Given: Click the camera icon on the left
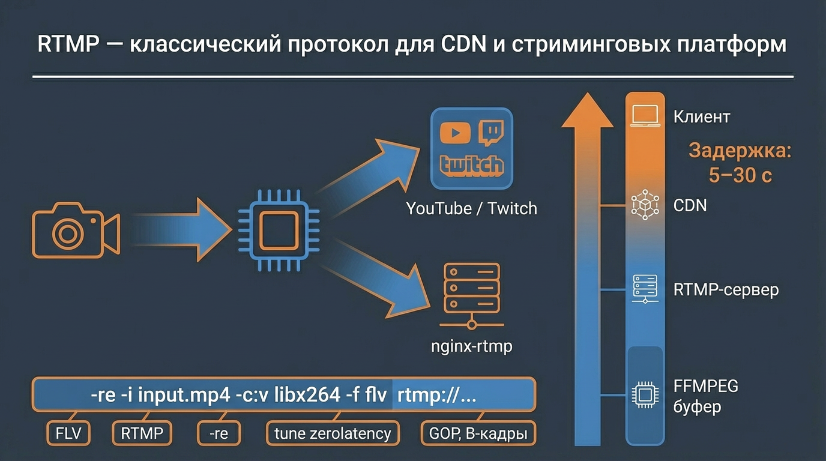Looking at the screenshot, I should pos(76,230).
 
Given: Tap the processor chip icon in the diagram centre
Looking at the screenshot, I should pos(279,230).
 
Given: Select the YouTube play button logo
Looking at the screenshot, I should pos(455,133).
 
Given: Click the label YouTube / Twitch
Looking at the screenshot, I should pos(471,208).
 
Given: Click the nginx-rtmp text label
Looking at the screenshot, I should pos(472,346).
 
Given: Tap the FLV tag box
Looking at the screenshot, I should pos(68,433).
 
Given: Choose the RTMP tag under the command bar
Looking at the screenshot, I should pos(142,433).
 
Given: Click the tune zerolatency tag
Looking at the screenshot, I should pos(333,433).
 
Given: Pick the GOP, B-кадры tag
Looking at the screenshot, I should pos(478,433).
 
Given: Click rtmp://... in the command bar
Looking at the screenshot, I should pos(437,396).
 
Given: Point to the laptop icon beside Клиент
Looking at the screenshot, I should pos(645,116).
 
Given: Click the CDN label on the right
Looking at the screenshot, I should pos(690,206).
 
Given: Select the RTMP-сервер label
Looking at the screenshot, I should pos(726,290).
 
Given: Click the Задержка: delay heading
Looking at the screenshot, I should pos(740,150).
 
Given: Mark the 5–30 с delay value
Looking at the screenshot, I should pos(740,175).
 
